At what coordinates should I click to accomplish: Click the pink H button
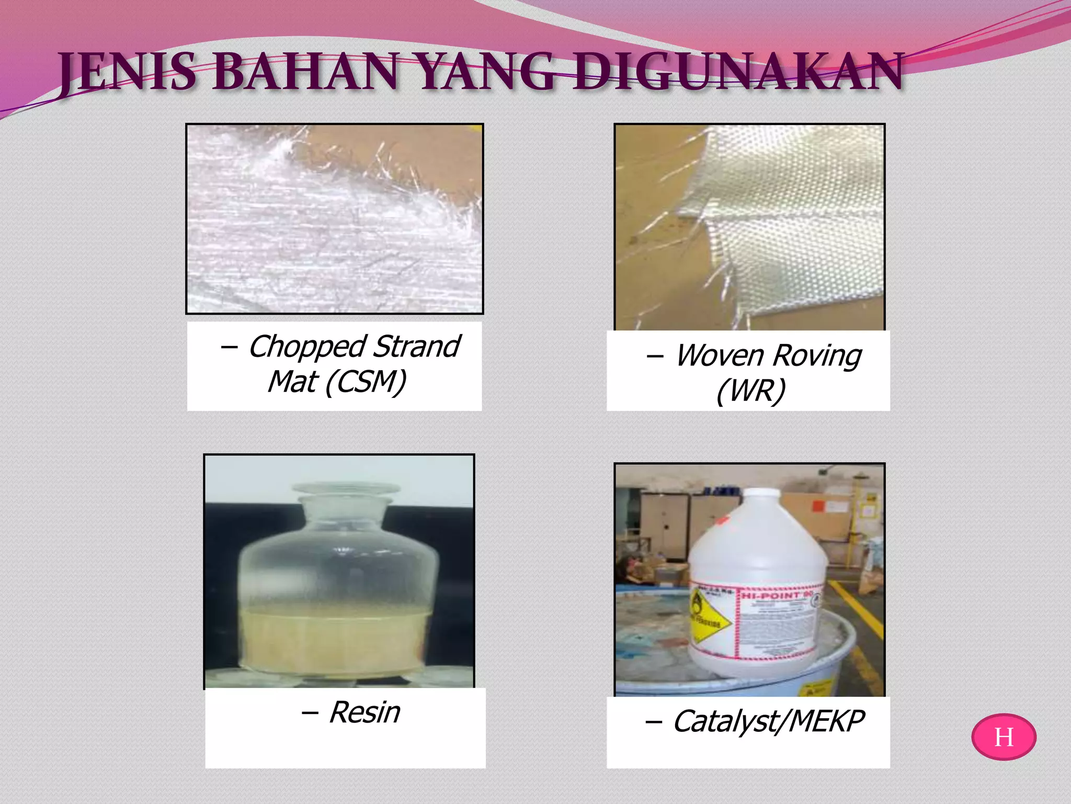tap(1004, 737)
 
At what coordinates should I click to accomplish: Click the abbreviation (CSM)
tap(366, 382)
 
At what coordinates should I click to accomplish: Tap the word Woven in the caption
tap(720, 356)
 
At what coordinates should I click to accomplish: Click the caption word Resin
tap(364, 712)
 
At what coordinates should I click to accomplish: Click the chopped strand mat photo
tap(335, 219)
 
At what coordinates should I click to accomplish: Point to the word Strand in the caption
tap(417, 347)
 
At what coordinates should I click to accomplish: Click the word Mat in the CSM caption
tap(292, 382)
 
